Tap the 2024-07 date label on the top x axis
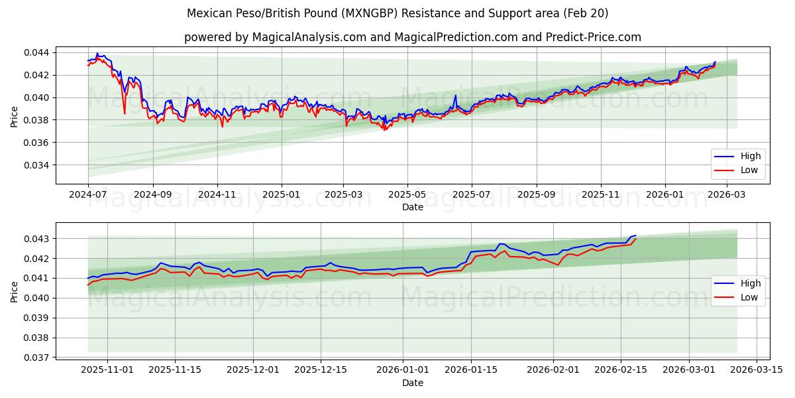pos(88,195)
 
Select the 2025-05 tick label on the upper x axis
pos(407,195)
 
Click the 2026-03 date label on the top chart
pos(727,195)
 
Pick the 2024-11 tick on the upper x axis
pos(217,195)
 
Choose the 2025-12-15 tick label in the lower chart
pos(321,369)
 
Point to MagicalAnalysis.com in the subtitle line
pos(309,37)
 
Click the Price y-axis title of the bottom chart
pos(15,291)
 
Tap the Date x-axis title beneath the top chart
pos(412,207)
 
